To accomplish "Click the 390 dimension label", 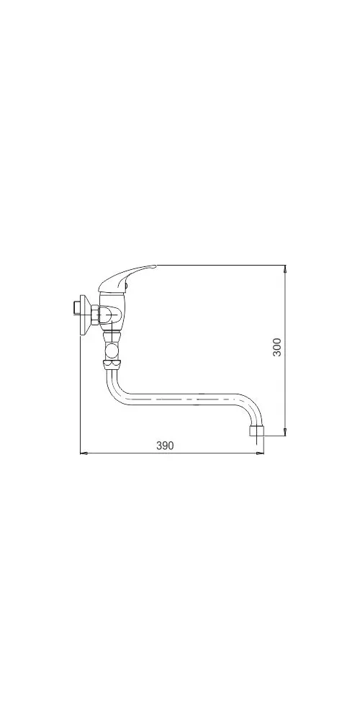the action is click(165, 446).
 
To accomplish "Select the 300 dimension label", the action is click(277, 348).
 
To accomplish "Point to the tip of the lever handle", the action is click(156, 266).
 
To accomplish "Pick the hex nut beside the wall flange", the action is click(94, 315).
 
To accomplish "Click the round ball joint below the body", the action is click(112, 352).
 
